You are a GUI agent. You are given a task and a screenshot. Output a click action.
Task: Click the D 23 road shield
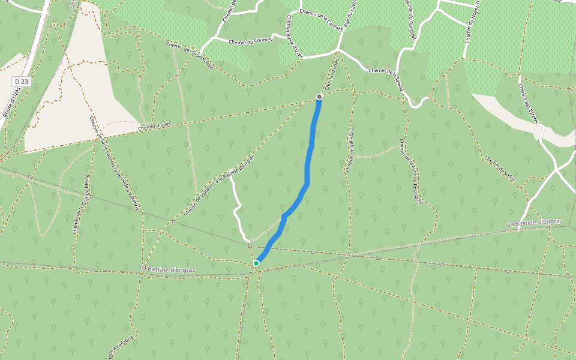click(x=22, y=81)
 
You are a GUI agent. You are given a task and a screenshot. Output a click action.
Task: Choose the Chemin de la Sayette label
click(x=386, y=79)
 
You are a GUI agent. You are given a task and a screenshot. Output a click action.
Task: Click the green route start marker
click(x=256, y=263)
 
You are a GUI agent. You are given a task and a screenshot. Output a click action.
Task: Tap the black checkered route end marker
click(x=319, y=97)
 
